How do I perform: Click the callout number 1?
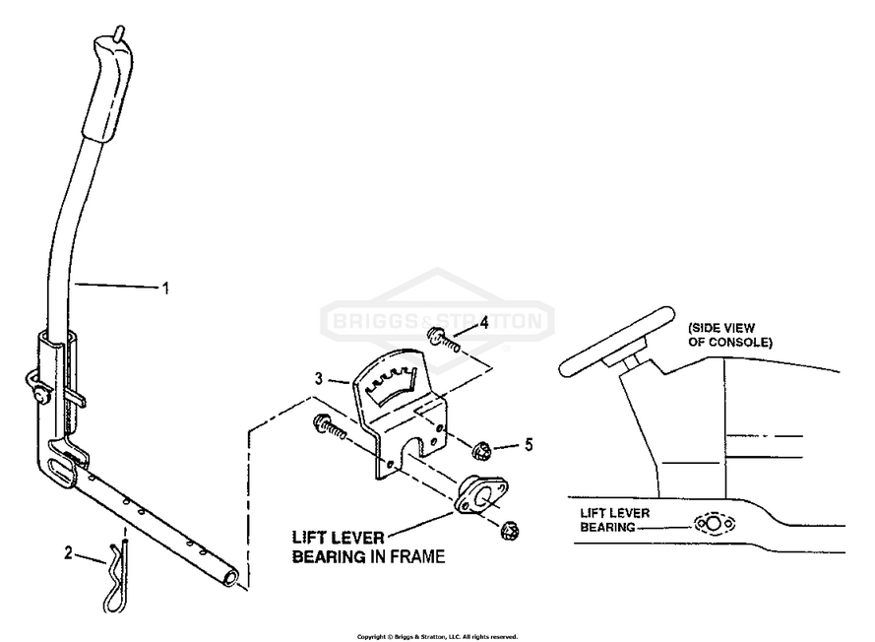(x=165, y=288)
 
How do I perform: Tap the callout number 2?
(x=69, y=553)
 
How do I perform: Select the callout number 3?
(x=318, y=378)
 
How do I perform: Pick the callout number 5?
(x=528, y=444)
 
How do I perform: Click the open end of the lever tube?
(x=229, y=575)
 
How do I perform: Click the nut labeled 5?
(x=482, y=452)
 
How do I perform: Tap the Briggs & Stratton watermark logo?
(x=439, y=321)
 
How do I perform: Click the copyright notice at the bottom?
(x=437, y=636)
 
